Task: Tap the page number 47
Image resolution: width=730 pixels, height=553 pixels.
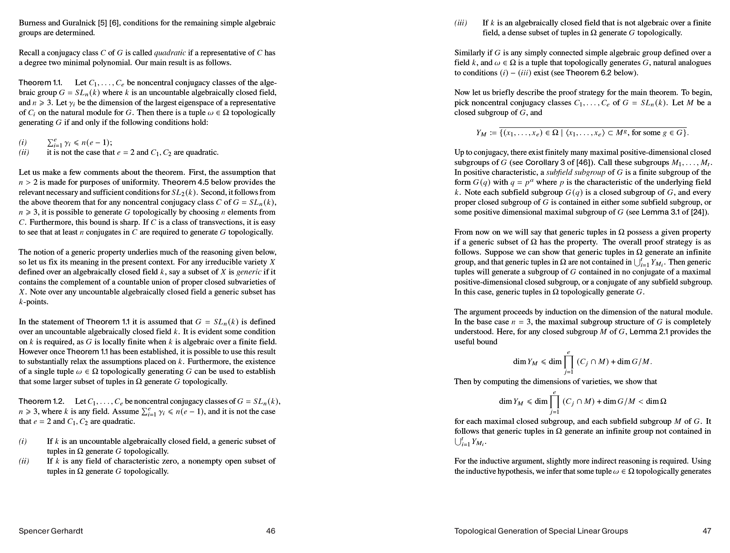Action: (x=707, y=531)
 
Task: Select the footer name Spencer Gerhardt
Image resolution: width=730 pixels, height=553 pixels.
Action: (x=51, y=531)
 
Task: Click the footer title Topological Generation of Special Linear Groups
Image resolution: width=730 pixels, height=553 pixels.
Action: (x=541, y=531)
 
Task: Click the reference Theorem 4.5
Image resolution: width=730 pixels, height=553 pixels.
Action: (x=184, y=182)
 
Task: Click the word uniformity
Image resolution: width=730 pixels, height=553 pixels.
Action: (x=137, y=182)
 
